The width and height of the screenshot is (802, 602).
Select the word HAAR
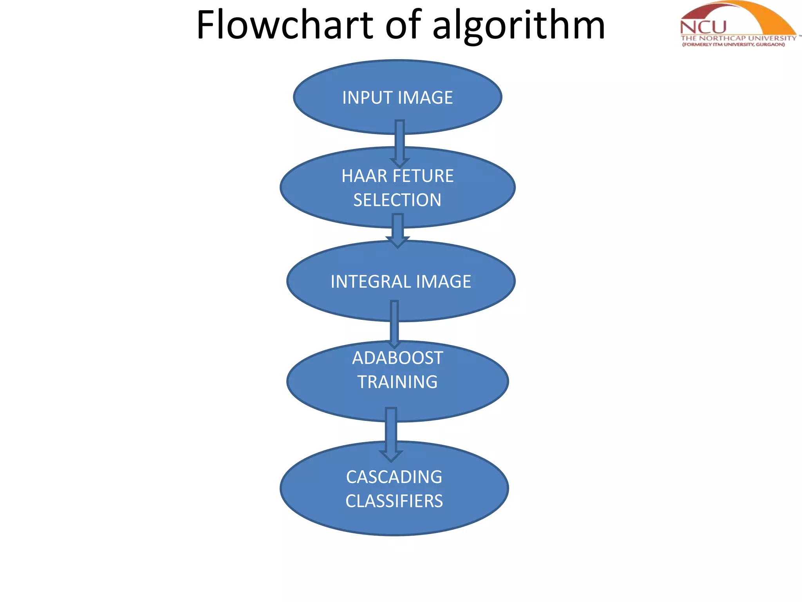tap(364, 176)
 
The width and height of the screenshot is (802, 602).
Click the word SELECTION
tap(397, 200)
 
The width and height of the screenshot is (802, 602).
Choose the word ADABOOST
tap(397, 358)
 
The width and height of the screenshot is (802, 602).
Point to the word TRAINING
tap(397, 382)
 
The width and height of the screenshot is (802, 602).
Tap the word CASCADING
tap(394, 477)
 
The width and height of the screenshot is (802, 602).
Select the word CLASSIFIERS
tap(394, 501)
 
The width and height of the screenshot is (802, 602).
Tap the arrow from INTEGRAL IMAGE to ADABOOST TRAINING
tap(394, 324)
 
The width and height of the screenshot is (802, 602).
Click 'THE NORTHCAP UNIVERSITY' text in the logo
tap(738, 38)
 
